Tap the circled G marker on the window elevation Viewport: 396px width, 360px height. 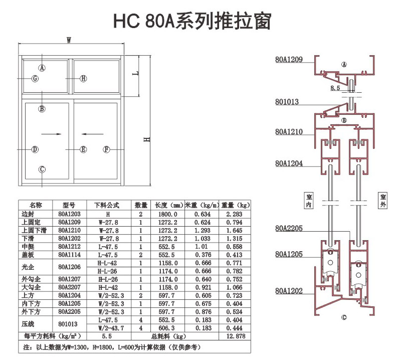35,79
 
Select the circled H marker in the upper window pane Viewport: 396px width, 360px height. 84,78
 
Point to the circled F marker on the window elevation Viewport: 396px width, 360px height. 106,149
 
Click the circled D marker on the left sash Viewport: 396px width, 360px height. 35,149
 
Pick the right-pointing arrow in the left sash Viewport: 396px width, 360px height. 52,134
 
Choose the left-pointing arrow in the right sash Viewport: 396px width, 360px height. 90,134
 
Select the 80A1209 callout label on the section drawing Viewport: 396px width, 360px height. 289,60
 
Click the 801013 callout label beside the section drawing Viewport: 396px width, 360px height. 287,102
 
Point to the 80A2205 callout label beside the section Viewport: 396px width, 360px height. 289,229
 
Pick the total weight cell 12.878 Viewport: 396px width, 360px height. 235,336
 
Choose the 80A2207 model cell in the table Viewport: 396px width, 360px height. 69,287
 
